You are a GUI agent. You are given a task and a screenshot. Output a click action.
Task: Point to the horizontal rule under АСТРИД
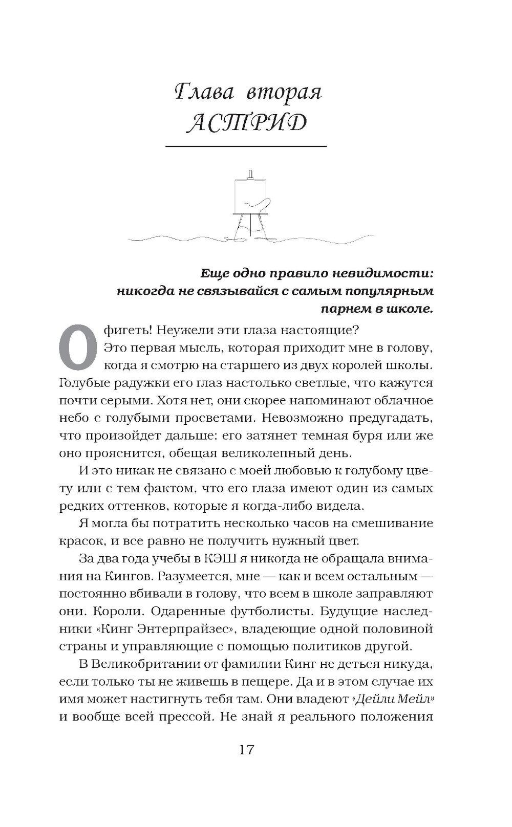click(246, 147)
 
